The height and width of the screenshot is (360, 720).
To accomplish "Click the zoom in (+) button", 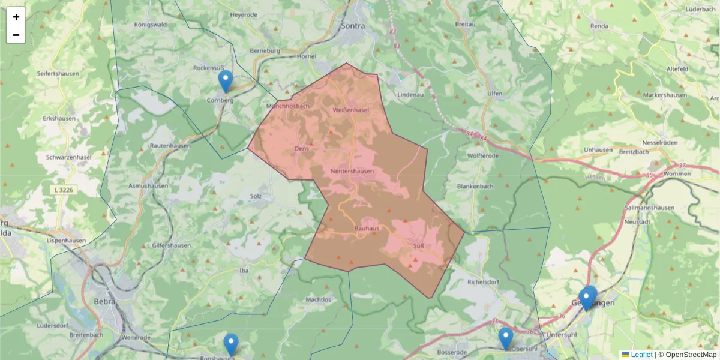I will pos(16,17).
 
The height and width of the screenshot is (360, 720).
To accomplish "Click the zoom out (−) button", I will pos(16,35).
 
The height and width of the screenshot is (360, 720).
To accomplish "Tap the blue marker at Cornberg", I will pos(226,82).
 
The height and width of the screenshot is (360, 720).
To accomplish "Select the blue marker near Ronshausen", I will pos(231,344).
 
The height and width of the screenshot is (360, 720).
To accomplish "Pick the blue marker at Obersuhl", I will pos(506,338).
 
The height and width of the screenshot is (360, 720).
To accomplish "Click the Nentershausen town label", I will pos(352,172).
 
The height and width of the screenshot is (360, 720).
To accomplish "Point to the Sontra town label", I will pos(353,26).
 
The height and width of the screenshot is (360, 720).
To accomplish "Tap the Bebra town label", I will pos(104,301).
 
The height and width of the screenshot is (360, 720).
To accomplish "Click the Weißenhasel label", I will pos(350,110).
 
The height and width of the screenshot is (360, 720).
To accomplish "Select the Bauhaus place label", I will pos(367,229).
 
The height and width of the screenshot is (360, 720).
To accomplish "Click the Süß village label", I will pos(419,246).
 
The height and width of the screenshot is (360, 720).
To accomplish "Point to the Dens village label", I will pos(301,148).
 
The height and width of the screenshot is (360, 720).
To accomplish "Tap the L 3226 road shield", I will pos(64,190).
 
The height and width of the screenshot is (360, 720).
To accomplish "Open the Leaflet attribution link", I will pos(641,355).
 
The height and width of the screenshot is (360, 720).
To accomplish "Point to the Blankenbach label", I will pos(475,187).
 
